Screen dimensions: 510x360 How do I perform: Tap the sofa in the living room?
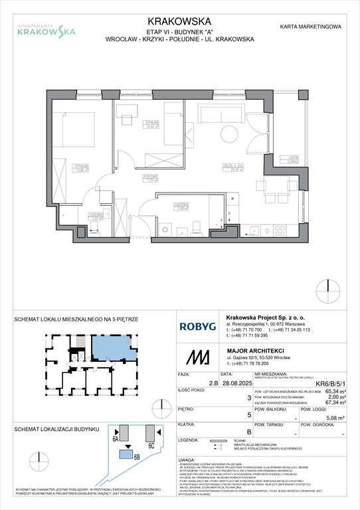point(213,116)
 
